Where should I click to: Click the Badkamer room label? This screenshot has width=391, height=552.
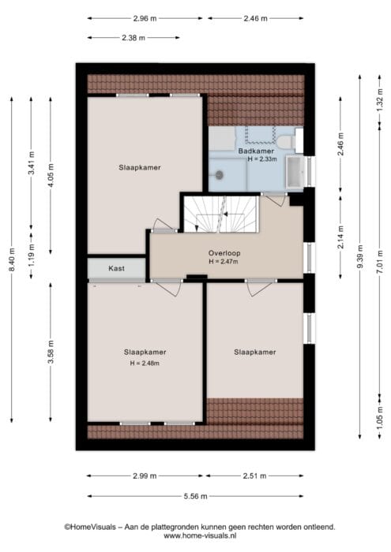coord(256,151)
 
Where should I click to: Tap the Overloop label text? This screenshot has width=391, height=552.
coord(224,253)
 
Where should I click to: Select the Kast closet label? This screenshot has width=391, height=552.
coord(116,268)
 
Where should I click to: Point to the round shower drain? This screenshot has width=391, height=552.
coord(220,174)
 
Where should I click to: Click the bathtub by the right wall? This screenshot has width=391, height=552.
coord(295,172)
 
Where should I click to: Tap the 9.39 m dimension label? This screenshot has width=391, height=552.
coord(360,256)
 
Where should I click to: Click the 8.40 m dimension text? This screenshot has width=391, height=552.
coord(12,259)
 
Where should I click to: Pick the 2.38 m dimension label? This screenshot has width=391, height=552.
coord(133,38)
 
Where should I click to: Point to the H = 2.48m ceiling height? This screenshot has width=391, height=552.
coord(145,364)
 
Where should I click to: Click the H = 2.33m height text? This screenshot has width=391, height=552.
coord(262,159)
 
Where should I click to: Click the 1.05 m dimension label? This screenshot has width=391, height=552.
coord(380,418)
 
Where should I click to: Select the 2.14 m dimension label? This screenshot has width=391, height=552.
coord(340,237)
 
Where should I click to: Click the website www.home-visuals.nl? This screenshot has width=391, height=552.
coord(200,535)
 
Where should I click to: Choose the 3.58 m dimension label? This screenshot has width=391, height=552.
coord(51,352)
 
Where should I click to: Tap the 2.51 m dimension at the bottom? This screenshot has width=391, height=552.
coord(254,476)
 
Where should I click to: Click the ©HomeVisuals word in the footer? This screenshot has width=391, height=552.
coord(90,527)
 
